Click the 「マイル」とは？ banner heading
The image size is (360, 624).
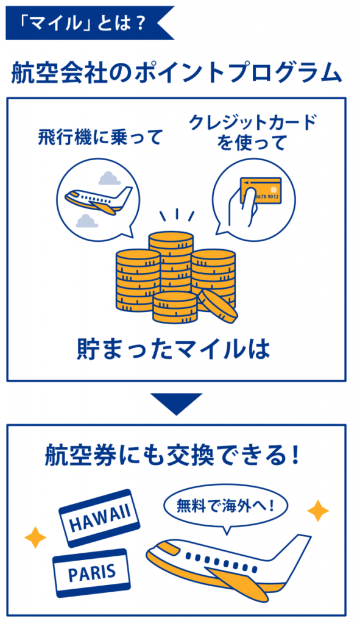pos(83,23)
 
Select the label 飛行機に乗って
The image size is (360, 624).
pos(101,137)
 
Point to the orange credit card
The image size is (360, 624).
pos(261,190)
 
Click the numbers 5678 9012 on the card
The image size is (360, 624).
pos(267,197)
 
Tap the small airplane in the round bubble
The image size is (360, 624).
pos(98,199)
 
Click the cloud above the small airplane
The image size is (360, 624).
pos(110,178)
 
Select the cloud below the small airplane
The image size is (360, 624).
pos(87,221)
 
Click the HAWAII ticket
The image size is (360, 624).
pos(99,518)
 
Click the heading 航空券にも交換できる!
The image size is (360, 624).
pos(172,456)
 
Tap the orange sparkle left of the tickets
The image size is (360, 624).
pos(35,537)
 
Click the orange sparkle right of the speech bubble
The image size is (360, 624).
pos(318,511)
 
